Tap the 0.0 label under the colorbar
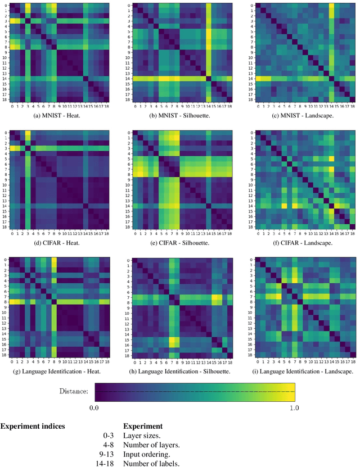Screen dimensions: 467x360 pos(94,407)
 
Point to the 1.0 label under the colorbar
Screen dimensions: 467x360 pos(294,407)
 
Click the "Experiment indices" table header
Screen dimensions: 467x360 pos(33,426)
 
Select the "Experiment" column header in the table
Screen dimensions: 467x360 pos(143,426)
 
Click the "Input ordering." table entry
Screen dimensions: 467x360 pos(148,454)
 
